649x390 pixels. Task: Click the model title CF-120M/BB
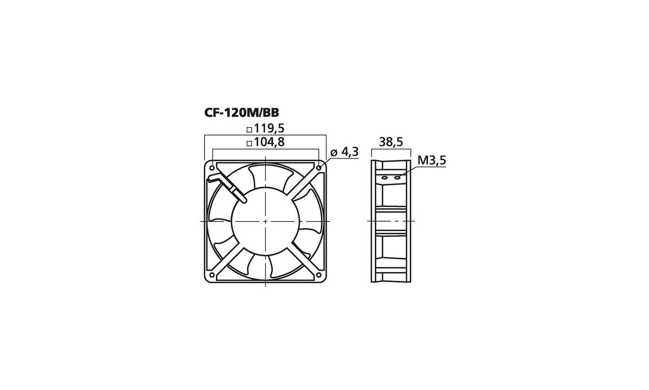[x=241, y=113]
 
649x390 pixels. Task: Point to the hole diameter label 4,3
[x=350, y=152]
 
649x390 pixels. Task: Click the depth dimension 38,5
[x=391, y=142]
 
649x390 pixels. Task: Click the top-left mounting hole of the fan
[x=212, y=168]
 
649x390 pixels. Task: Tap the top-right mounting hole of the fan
[x=319, y=168]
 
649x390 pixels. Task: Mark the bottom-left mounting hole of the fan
[x=212, y=275]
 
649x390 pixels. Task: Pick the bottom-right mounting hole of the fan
[x=319, y=275]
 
